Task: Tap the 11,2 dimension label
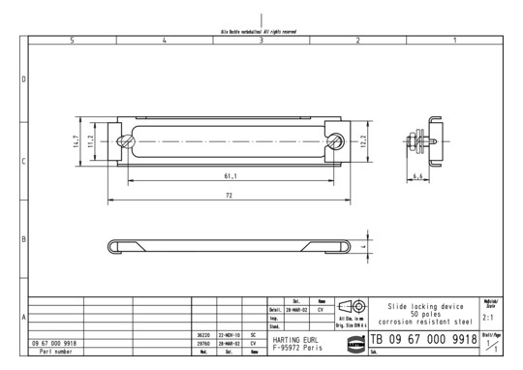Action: pos(91,140)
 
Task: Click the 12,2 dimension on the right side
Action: pos(364,140)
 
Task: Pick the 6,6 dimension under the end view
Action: pos(416,177)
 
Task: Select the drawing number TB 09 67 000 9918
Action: pos(429,340)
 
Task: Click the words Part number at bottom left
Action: pos(54,352)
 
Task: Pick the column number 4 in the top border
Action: pos(165,40)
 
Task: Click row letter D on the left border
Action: pos(23,78)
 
